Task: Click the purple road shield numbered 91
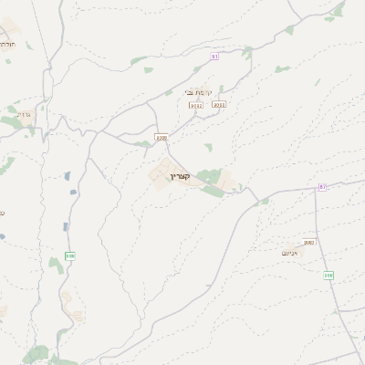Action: pos(215,56)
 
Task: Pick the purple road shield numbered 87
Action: pos(321,186)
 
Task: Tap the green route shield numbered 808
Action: pos(328,275)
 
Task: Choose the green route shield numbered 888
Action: pos(70,255)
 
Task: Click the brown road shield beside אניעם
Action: pos(308,242)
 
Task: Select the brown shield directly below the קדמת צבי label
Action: pos(195,106)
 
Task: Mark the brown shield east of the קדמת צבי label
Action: pos(218,105)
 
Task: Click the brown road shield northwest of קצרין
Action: pos(162,138)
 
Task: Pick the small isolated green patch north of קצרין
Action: pos(208,146)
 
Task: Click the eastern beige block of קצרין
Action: pos(224,181)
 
